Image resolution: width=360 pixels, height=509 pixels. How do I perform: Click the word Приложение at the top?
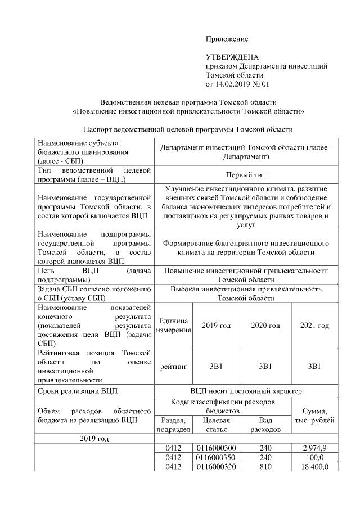227,39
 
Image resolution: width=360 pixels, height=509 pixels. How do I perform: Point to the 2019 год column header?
217,326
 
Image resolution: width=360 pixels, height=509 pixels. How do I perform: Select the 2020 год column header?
265,326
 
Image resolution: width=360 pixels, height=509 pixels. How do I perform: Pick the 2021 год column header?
314,326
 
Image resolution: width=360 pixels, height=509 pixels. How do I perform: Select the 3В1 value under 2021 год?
314,366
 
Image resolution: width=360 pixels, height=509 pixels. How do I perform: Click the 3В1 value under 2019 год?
217,366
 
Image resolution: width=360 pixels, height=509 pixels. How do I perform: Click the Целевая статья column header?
217,425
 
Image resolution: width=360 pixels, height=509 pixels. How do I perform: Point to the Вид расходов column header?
265,425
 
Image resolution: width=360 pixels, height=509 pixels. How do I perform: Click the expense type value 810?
265,467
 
